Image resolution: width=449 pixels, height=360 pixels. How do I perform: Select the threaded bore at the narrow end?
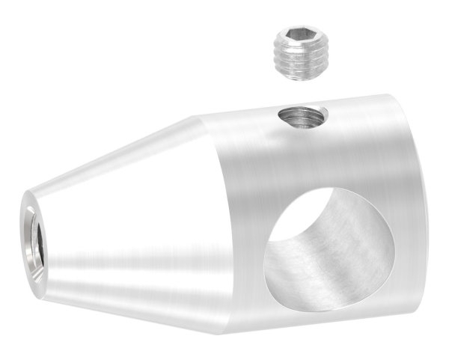coord(32,237)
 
